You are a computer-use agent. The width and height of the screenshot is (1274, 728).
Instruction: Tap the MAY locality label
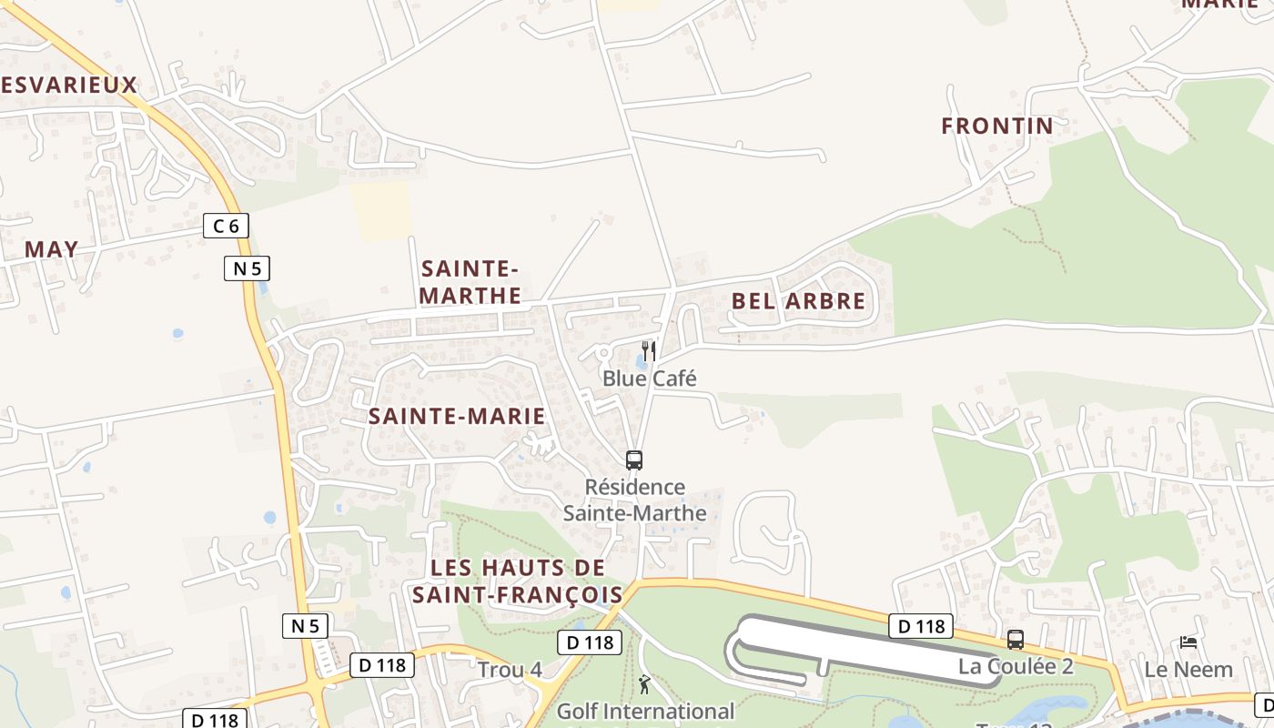[51, 249]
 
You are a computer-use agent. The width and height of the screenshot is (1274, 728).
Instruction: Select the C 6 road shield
[226, 226]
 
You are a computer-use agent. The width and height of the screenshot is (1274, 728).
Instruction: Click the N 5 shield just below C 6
[248, 268]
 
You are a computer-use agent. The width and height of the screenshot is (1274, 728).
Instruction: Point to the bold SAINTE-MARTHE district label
[470, 282]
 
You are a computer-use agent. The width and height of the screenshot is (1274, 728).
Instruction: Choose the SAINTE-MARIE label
[457, 417]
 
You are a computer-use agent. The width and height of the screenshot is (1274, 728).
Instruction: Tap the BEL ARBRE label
[799, 301]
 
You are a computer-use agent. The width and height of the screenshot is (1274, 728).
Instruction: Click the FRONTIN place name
[997, 126]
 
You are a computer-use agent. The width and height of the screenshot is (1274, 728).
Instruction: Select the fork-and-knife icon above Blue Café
[649, 351]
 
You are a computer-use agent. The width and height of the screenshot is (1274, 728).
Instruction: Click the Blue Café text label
[649, 379]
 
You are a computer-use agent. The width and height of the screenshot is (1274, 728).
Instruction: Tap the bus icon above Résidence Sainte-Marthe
[634, 460]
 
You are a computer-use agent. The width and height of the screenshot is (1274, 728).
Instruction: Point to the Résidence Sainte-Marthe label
[634, 500]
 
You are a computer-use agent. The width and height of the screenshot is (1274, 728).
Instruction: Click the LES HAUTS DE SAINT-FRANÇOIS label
[517, 581]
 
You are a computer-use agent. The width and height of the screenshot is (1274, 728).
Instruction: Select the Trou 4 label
[510, 671]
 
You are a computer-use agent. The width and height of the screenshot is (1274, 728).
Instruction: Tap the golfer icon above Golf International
[645, 684]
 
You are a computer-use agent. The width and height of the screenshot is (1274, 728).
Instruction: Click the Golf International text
[645, 711]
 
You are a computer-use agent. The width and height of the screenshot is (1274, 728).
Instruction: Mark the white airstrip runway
[864, 647]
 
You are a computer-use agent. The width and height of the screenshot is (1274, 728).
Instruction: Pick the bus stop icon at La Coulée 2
[1016, 640]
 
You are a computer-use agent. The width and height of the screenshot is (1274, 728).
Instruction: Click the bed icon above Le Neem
[1188, 642]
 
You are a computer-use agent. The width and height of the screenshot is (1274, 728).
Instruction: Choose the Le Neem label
[1188, 670]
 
